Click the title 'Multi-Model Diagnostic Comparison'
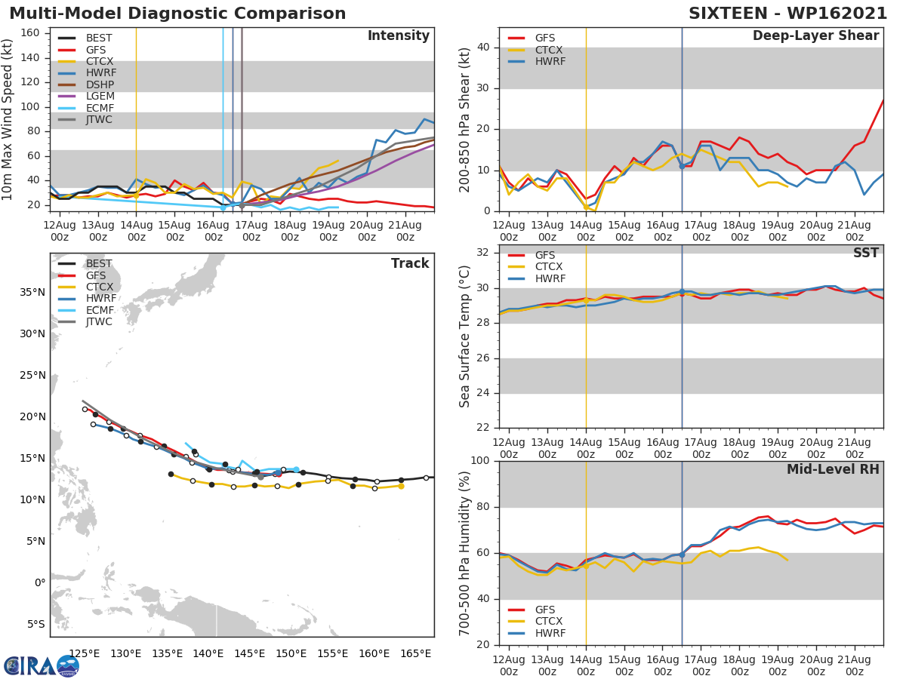point(177,14)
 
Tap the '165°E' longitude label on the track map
point(416,653)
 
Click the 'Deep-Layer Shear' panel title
point(815,36)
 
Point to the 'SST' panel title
point(865,253)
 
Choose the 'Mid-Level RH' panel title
point(833,469)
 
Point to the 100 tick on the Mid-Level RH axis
point(480,461)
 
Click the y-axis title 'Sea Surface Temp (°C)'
point(466,336)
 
